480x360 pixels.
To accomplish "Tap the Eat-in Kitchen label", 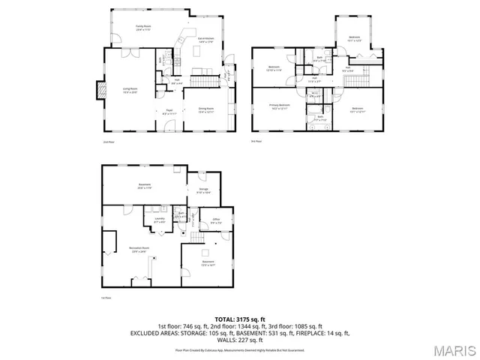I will coord(206,40).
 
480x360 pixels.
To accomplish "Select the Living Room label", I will coord(130,89).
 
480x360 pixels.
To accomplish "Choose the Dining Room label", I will coord(206,109).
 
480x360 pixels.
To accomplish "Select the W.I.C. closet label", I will coord(315,95).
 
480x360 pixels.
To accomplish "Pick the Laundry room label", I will coord(159,219).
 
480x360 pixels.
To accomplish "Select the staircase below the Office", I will coord(197,238).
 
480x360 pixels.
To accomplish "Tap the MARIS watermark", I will coord(456,350).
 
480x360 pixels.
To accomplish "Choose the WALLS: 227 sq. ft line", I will coord(240,338).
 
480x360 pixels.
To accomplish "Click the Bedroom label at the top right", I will coord(355,37).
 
